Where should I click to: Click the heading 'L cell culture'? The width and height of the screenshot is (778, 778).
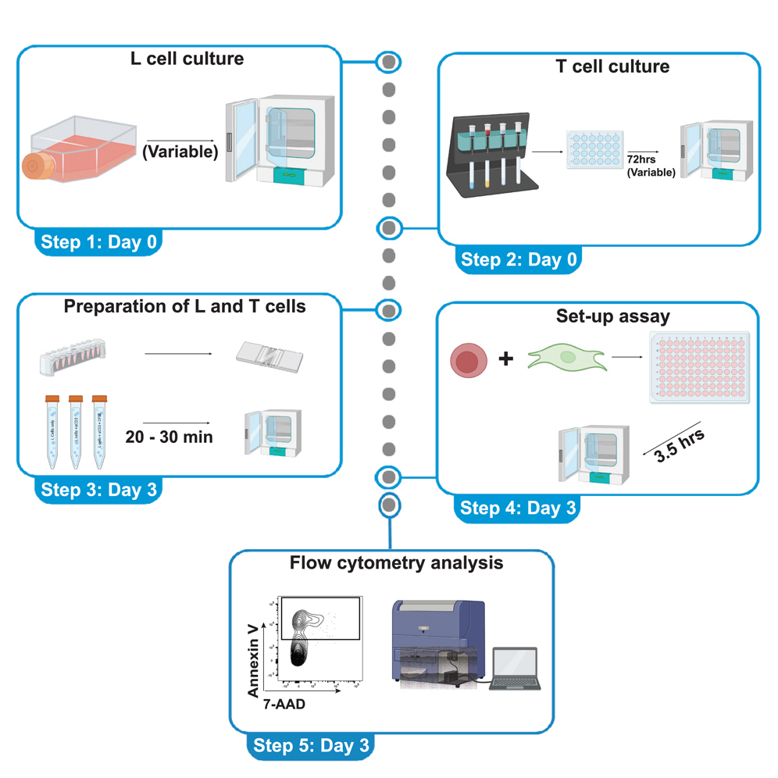pyautogui.click(x=187, y=59)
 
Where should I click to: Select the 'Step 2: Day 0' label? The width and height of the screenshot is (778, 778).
pyautogui.click(x=519, y=260)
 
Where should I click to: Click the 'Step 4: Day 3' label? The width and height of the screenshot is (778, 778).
pyautogui.click(x=518, y=509)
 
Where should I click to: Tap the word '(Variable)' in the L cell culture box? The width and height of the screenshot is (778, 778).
pyautogui.click(x=180, y=152)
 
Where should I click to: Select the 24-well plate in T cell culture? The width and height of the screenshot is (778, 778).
pyautogui.click(x=592, y=151)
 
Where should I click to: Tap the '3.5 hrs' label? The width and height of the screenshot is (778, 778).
pyautogui.click(x=680, y=446)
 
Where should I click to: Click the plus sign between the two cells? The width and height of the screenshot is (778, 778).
pyautogui.click(x=506, y=359)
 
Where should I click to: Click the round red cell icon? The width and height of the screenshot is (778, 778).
pyautogui.click(x=468, y=362)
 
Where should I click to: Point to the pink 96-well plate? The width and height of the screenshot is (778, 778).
pyautogui.click(x=698, y=366)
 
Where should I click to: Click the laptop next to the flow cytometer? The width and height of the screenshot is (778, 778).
pyautogui.click(x=515, y=669)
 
